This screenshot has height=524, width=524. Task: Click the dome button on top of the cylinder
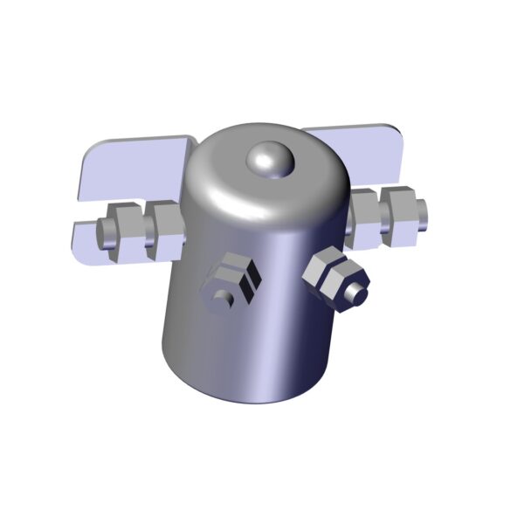[270, 160]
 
